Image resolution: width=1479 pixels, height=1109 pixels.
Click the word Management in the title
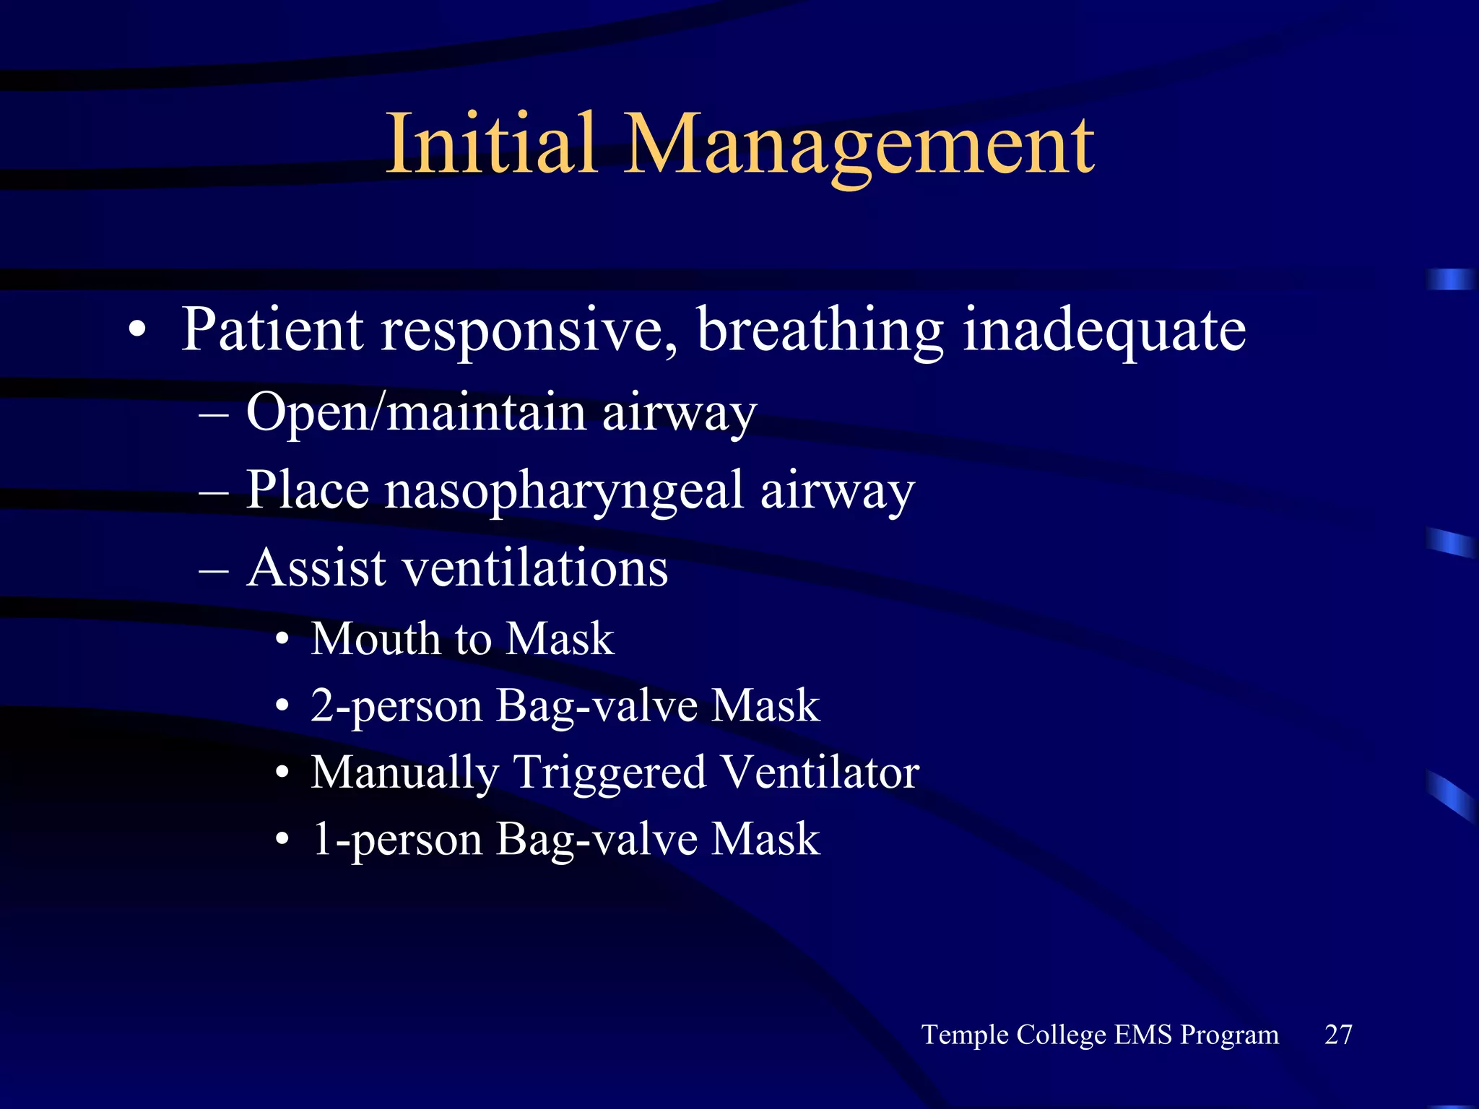(859, 144)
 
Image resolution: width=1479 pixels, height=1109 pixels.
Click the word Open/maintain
(416, 413)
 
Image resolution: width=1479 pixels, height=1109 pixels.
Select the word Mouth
(375, 638)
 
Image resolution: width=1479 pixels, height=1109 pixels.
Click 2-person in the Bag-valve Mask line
(396, 705)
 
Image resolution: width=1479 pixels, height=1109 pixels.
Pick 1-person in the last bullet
(396, 840)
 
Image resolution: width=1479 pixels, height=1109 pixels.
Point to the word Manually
(405, 773)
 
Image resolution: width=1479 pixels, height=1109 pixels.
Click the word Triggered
(610, 773)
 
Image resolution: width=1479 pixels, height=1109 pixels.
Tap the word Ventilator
(820, 772)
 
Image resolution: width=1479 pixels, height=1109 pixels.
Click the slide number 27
(1338, 1034)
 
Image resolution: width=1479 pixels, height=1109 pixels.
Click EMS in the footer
(1142, 1034)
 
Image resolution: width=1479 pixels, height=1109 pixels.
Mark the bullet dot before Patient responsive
(136, 331)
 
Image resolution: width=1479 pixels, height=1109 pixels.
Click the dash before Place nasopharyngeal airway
(214, 493)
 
